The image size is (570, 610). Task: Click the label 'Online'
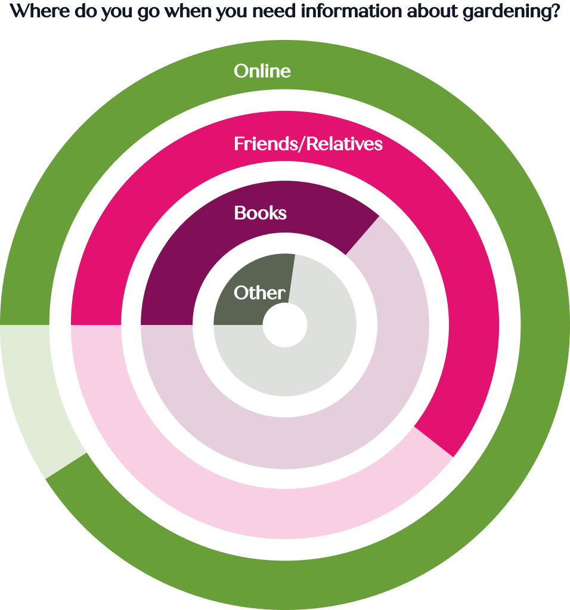[262, 71]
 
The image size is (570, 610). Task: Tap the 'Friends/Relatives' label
[308, 144]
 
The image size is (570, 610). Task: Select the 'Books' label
[260, 213]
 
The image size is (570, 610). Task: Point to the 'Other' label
[259, 293]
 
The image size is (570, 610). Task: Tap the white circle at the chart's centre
[285, 326]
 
